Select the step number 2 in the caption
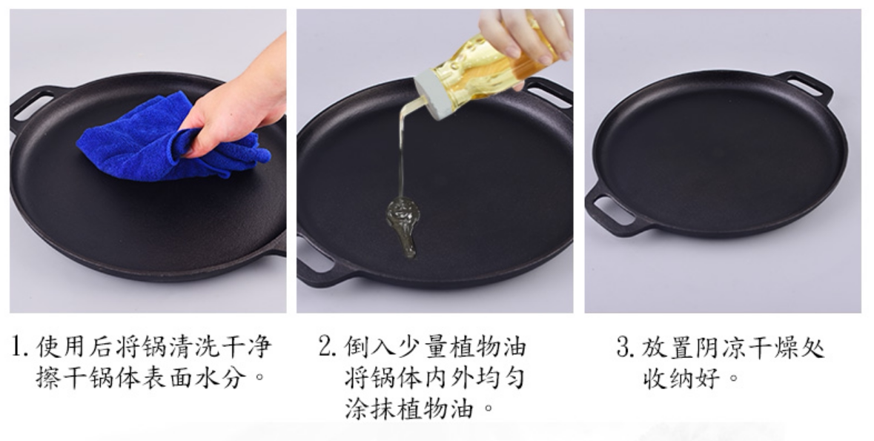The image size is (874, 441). coord(327,347)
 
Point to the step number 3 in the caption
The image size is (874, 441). coord(625,347)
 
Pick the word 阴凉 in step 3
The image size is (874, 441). coord(719,347)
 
